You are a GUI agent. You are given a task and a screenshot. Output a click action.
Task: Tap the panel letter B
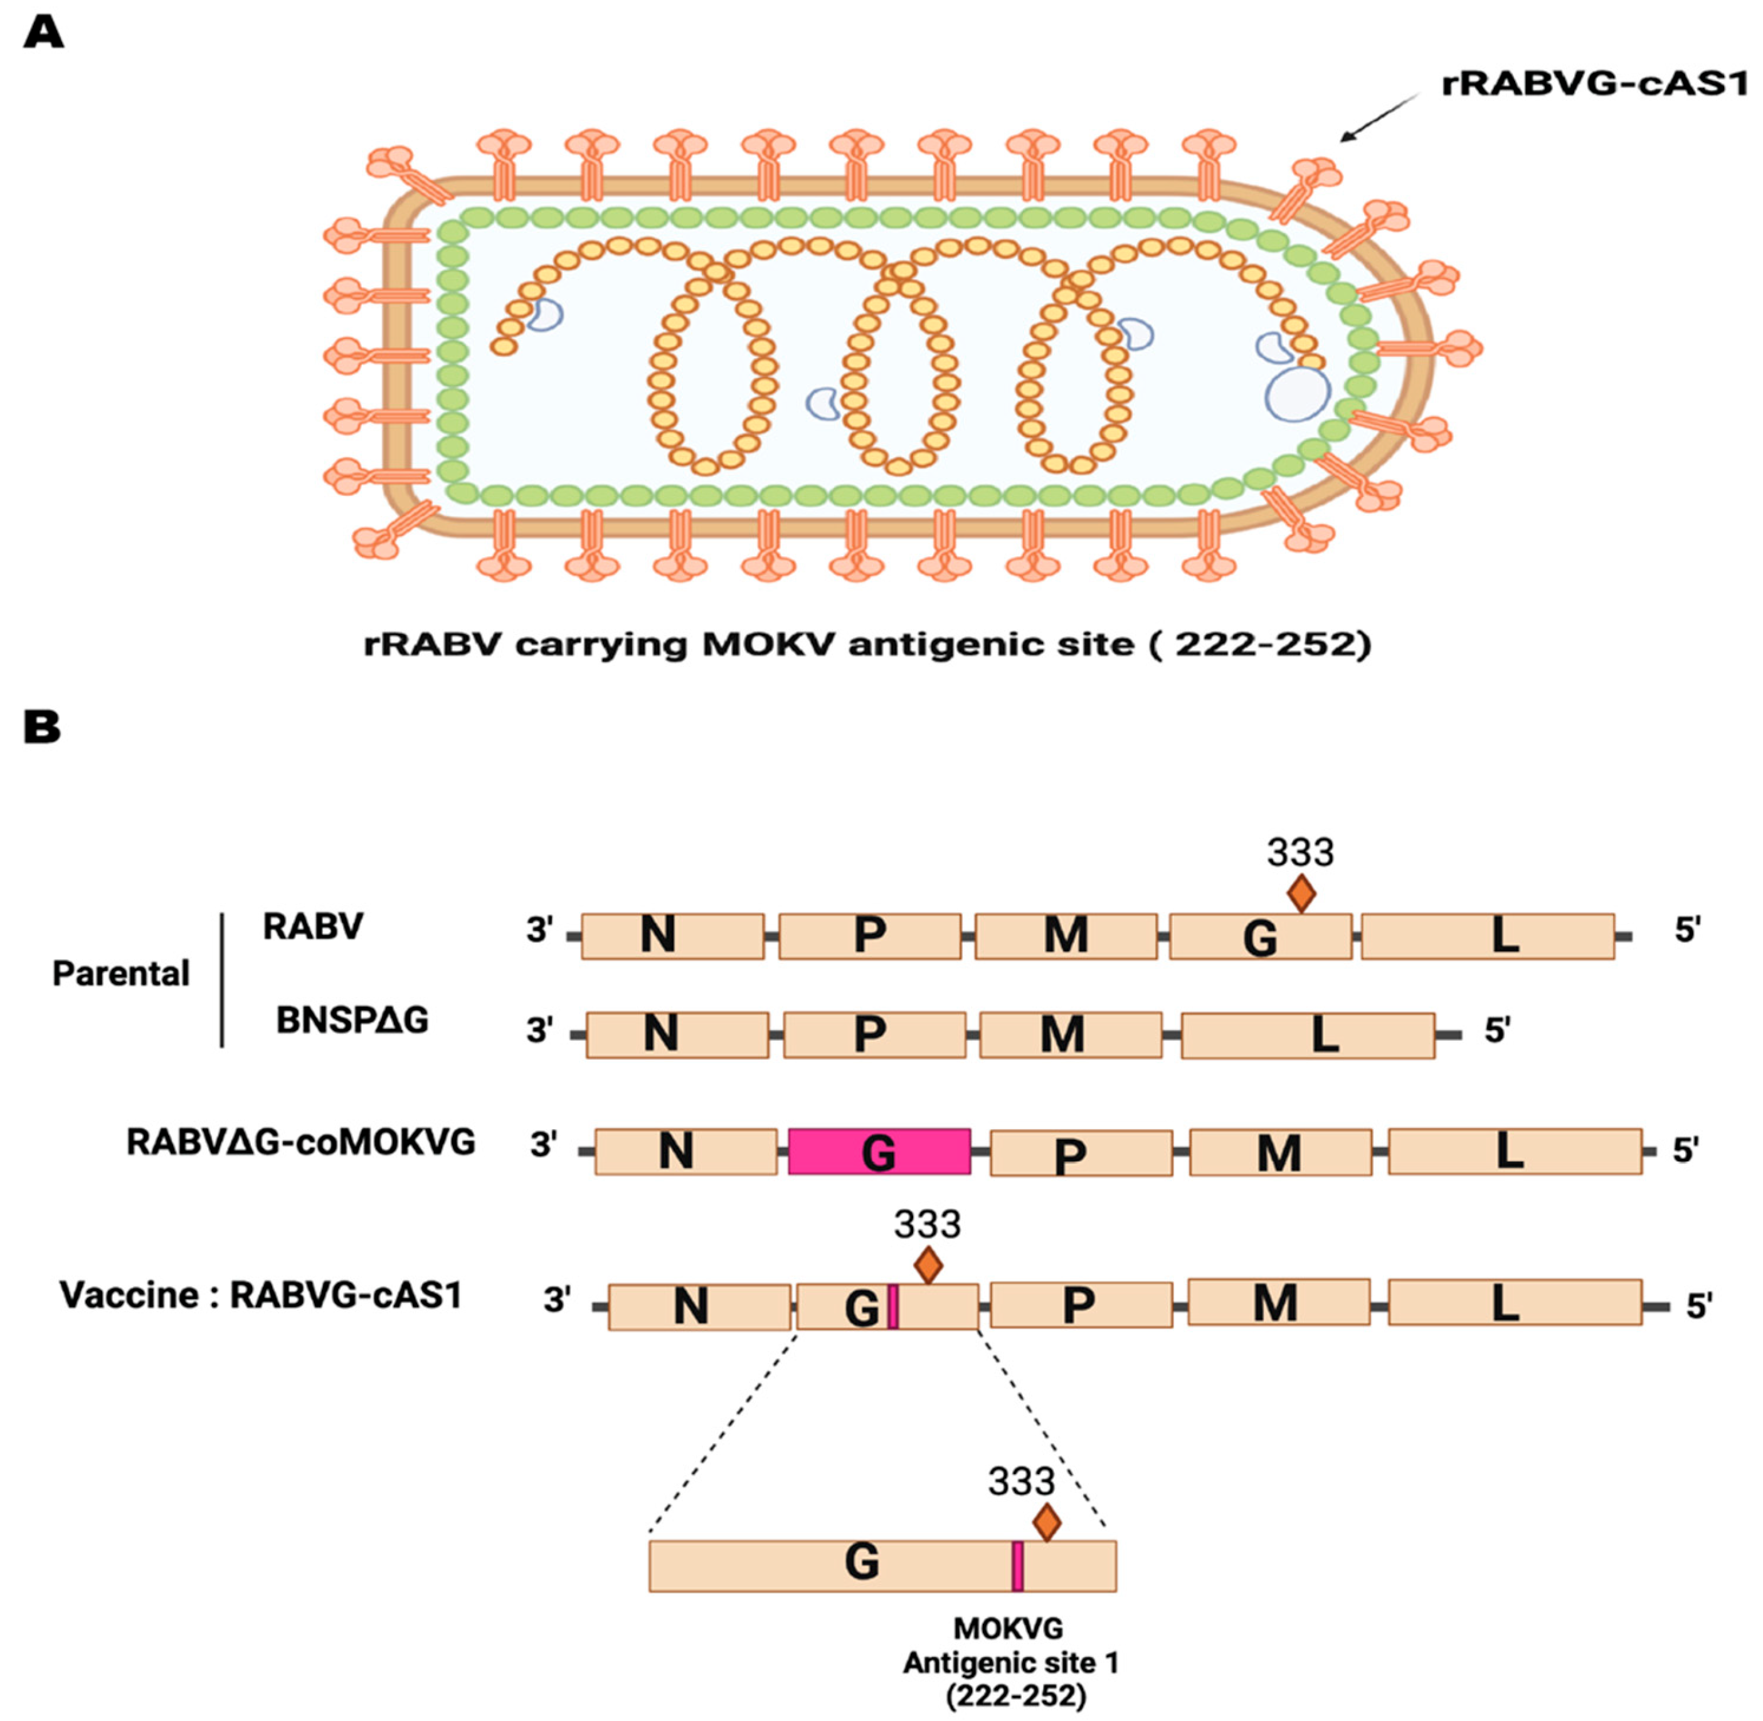point(41,728)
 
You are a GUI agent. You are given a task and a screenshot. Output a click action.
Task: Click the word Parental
point(121,974)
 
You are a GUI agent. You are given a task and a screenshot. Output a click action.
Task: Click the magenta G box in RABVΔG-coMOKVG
point(879,1152)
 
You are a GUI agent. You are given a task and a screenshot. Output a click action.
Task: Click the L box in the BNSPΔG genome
point(1307,1035)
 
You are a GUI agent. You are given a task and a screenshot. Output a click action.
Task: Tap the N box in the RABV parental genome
point(672,935)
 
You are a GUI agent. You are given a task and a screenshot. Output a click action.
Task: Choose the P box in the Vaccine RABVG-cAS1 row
point(1081,1305)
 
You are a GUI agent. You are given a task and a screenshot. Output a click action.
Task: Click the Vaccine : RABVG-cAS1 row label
point(260,1295)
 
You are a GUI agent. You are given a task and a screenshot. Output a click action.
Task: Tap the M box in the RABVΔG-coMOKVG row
point(1279,1152)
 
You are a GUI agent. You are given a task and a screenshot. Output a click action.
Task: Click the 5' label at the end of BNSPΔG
point(1496,1029)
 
